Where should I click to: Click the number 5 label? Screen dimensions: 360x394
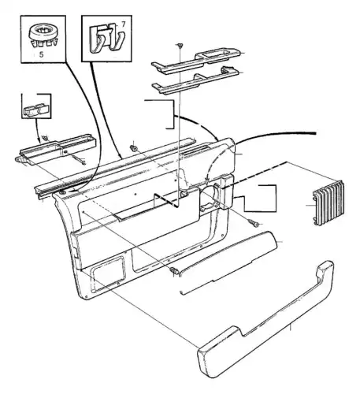click(x=42, y=54)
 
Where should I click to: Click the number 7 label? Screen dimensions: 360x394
click(x=124, y=24)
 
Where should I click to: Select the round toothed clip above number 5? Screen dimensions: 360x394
click(x=43, y=35)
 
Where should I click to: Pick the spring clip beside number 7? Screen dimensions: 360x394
click(x=106, y=38)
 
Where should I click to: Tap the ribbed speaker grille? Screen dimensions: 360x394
click(x=328, y=203)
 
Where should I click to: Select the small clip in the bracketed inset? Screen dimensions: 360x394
click(x=37, y=110)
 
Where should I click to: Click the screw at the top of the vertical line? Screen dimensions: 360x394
click(x=180, y=46)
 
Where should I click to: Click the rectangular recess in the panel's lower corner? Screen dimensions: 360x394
click(x=107, y=273)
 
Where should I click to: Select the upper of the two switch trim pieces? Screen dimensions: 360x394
click(x=199, y=60)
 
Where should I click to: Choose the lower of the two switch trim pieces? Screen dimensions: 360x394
click(x=196, y=80)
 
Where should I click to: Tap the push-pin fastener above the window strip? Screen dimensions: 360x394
click(x=134, y=147)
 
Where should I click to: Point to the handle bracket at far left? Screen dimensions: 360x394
click(x=57, y=150)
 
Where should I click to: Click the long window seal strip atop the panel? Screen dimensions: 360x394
click(x=116, y=167)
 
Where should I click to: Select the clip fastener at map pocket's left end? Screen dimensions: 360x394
click(x=175, y=270)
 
